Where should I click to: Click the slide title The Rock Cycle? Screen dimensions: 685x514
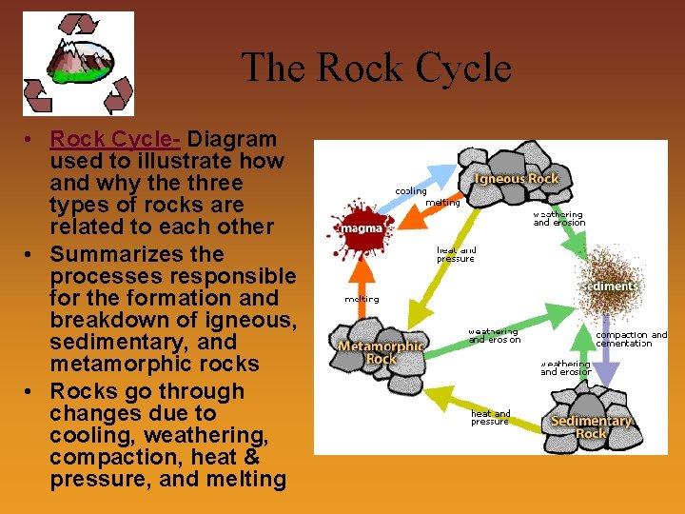[376, 69]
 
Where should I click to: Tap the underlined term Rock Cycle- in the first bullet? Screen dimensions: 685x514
[115, 139]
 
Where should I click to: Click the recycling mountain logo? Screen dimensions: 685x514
[78, 63]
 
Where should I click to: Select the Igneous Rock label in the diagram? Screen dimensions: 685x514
[517, 178]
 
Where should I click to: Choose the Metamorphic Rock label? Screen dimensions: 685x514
[381, 352]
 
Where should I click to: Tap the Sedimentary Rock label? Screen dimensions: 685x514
[591, 426]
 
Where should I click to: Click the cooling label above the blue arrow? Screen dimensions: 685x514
[411, 191]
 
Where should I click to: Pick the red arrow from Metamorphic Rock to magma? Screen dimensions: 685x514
[362, 290]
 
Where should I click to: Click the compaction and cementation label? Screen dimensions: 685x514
[632, 339]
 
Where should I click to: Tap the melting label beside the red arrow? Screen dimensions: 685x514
[362, 299]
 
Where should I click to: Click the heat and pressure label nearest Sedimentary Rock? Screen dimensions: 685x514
[490, 417]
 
